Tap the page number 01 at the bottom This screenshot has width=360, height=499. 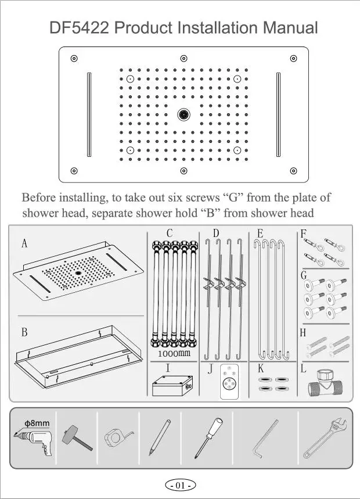point(180,485)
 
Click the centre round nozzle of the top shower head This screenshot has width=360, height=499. point(184,114)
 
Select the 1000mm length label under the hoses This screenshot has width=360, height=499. point(174,353)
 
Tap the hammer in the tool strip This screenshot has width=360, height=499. point(75,436)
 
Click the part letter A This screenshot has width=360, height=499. point(24,244)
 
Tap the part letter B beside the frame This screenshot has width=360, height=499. point(24,333)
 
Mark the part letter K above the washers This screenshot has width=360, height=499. point(261,368)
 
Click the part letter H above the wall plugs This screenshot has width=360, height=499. point(303,333)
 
